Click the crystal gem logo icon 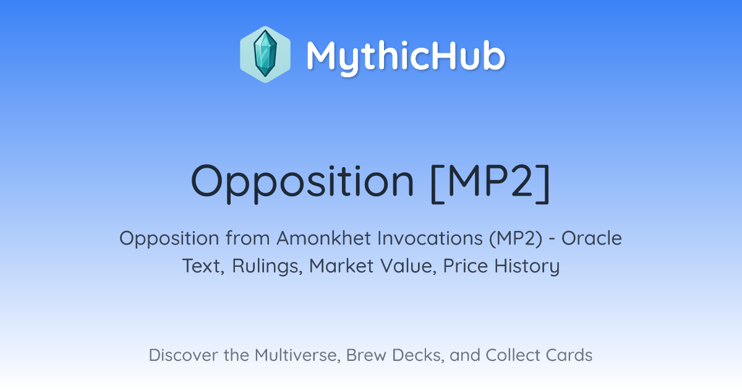coord(265,54)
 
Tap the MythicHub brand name coord(406,56)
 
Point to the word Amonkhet coord(319,238)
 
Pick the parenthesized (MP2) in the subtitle coord(516,238)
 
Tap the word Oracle coord(592,238)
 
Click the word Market coord(341,266)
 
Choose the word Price coord(465,266)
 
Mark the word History coord(527,266)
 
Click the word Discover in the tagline coord(183,355)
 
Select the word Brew coord(366,355)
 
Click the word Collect coord(513,355)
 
